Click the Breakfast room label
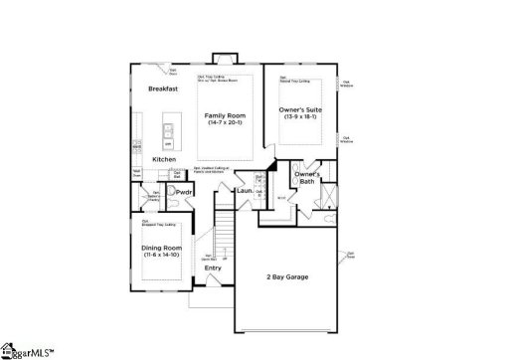(x=163, y=89)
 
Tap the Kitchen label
(x=164, y=159)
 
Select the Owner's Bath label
(x=305, y=178)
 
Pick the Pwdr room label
(x=184, y=191)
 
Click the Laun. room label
(x=243, y=190)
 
